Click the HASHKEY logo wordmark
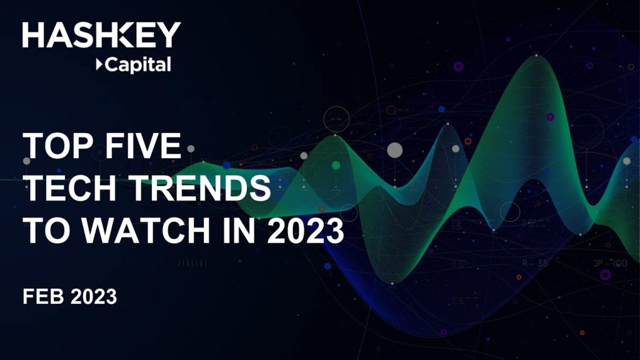pos(102,35)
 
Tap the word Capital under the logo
pos(138,65)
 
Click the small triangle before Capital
pos(99,64)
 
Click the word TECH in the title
pos(70,187)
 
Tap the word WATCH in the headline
pos(145,230)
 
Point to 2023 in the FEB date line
pos(94,296)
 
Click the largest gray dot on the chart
pos(395,150)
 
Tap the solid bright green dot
pos(336,165)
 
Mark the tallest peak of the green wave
pos(536,56)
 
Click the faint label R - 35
pos(535,263)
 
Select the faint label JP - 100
pos(610,263)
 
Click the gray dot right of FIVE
pos(191,149)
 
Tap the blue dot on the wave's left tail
pos(226,165)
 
